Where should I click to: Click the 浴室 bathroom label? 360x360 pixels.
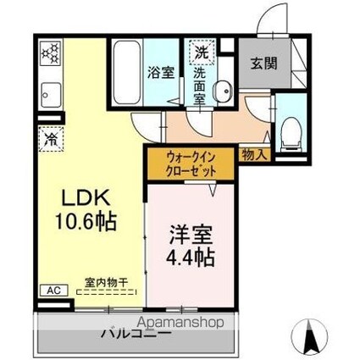click(x=162, y=71)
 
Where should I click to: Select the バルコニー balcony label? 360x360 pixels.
click(x=136, y=333)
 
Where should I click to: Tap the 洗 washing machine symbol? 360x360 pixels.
click(x=202, y=52)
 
